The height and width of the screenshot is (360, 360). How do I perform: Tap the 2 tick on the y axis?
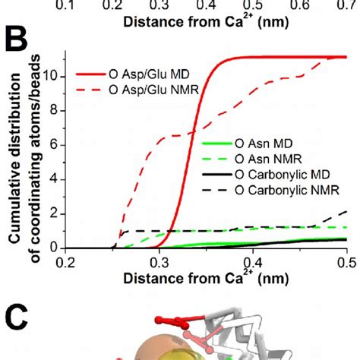(57, 215)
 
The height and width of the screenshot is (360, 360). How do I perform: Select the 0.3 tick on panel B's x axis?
(159, 264)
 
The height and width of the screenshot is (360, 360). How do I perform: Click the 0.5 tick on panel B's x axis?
(346, 264)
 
